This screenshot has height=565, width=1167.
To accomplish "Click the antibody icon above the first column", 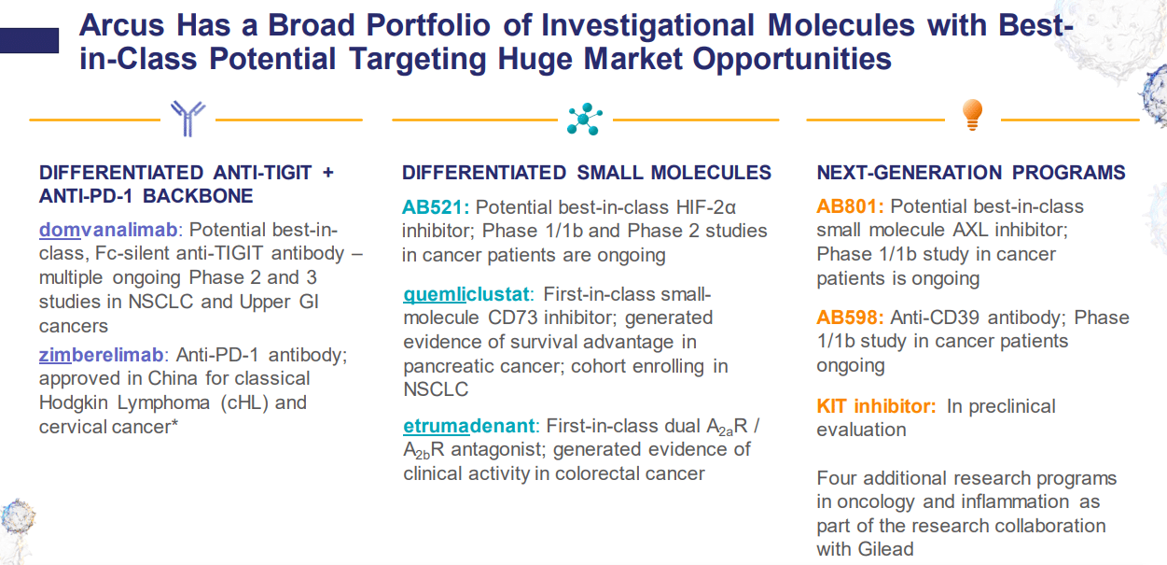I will [188, 119].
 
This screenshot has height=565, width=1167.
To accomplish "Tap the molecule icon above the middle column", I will [585, 119].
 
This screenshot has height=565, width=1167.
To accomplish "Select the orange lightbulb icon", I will [972, 114].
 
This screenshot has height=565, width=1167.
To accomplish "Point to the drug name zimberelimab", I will [102, 355].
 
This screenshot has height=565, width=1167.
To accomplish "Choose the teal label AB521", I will [436, 206].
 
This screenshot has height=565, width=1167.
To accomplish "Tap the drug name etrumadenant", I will [470, 426].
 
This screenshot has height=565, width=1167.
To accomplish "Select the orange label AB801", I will [850, 206].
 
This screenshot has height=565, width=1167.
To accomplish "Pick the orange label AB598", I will [850, 318].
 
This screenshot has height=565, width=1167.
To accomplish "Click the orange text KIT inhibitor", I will [876, 406].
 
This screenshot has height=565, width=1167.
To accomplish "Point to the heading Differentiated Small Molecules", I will [587, 173].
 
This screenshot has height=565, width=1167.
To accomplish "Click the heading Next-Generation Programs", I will [971, 173].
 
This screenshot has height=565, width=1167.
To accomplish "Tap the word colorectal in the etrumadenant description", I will [605, 473].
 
